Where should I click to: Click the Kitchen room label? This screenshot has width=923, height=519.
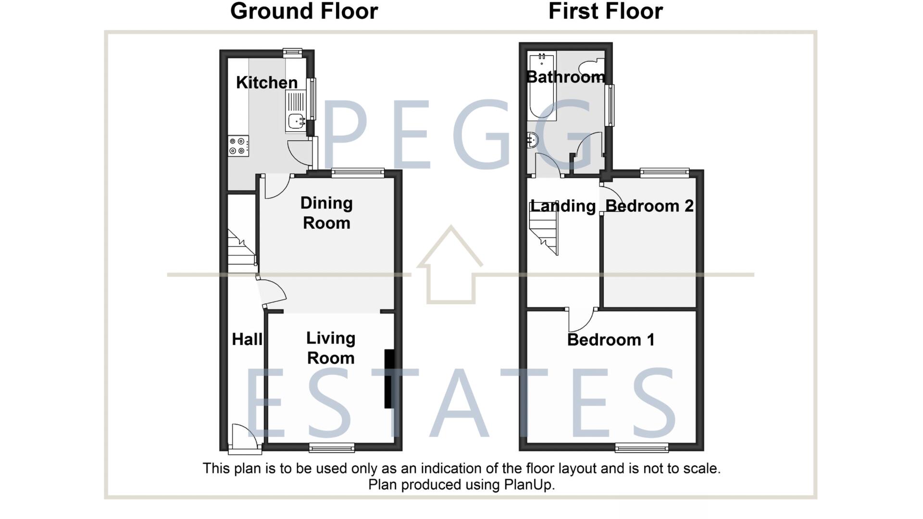[x=267, y=83]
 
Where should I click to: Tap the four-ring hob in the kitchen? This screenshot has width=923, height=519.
[x=238, y=146]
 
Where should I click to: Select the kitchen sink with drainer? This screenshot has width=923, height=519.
[x=296, y=112]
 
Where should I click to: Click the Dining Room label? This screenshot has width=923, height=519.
[x=326, y=213]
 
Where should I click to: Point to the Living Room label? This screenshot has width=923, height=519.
[x=331, y=348]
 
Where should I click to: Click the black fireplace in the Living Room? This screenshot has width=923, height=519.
[x=389, y=379]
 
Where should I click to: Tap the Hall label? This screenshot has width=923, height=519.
[x=247, y=339]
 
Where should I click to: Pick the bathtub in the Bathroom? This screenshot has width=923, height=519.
[x=542, y=87]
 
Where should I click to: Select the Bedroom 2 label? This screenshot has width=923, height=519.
[x=649, y=206]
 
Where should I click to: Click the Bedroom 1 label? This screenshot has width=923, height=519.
[x=611, y=340]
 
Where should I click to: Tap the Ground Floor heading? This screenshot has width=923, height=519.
[x=304, y=12]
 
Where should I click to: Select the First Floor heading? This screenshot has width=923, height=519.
[x=605, y=12]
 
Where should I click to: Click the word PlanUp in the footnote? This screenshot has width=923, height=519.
[x=528, y=485]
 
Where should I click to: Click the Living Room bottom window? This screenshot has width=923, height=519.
[x=332, y=448]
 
